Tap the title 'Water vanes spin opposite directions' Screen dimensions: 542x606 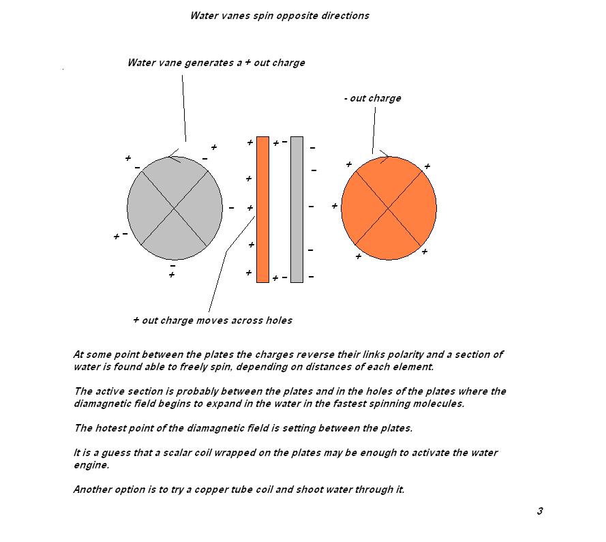(279, 16)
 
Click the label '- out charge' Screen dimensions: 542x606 (373, 98)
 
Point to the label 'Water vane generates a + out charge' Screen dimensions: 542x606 (216, 63)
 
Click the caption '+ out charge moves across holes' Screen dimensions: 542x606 (213, 320)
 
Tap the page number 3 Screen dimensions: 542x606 (540, 511)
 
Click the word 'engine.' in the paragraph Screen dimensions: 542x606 (91, 464)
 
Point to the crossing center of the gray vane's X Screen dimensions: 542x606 (175, 208)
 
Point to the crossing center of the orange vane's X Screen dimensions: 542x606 (389, 207)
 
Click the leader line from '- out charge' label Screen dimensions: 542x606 (374, 130)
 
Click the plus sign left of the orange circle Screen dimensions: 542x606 (334, 206)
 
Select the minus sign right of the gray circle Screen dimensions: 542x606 (231, 208)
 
